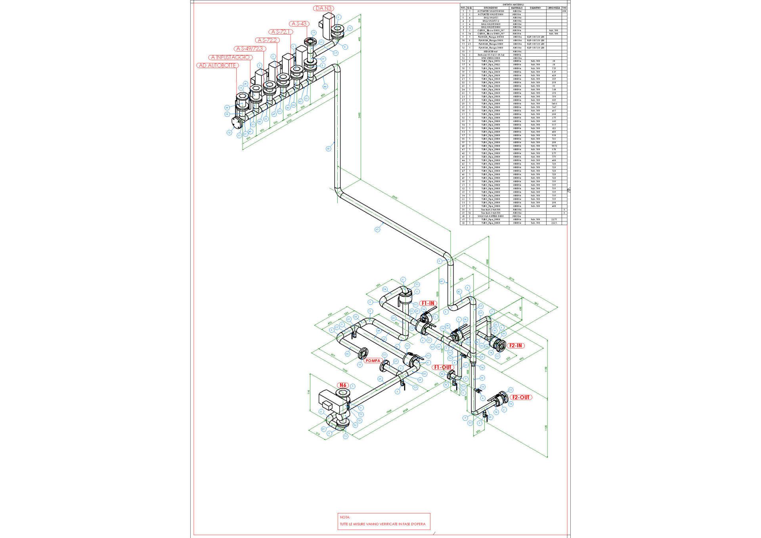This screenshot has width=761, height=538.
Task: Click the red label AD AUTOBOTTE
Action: (x=217, y=65)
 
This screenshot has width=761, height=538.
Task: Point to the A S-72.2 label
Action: (x=268, y=40)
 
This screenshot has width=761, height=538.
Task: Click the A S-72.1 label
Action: (x=281, y=32)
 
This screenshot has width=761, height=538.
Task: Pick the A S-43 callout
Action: (x=299, y=24)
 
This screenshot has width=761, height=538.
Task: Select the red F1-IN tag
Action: (x=428, y=303)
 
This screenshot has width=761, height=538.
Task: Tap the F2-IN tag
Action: (x=516, y=345)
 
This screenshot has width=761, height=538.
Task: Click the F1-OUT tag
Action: (x=443, y=367)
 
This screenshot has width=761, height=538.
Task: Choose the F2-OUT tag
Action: (x=521, y=397)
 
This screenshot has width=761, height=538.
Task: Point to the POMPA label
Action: (x=373, y=361)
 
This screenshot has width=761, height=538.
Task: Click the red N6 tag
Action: (x=343, y=385)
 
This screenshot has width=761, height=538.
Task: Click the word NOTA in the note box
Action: (x=345, y=517)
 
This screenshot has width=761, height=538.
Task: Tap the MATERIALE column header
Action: (x=517, y=8)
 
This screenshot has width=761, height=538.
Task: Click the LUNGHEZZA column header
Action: (x=554, y=8)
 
